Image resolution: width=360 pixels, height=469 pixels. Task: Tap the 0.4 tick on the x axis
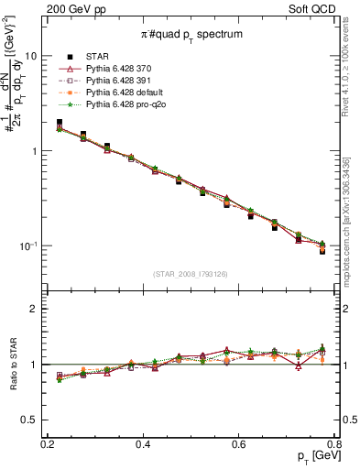[143, 443]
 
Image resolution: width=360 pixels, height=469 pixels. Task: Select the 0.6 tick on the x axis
[239, 443]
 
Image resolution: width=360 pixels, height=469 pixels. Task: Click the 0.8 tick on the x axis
[334, 443]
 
